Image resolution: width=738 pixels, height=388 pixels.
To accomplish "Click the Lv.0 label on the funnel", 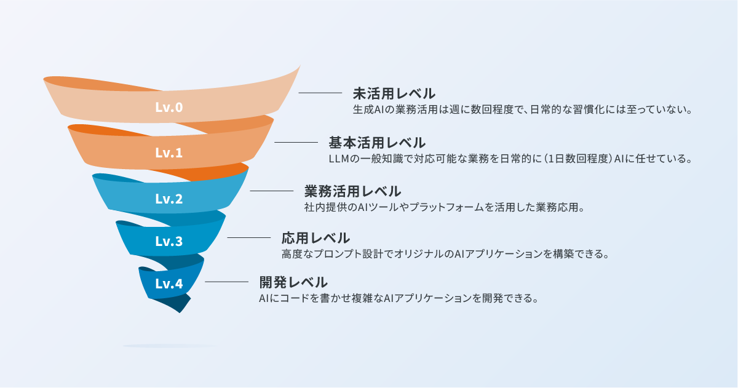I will tap(169, 107).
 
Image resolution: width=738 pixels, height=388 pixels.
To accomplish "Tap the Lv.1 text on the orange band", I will tap(169, 152).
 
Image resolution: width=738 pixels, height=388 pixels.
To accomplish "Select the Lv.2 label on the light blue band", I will tap(169, 199).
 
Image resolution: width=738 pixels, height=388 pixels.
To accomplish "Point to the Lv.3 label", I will tap(169, 241).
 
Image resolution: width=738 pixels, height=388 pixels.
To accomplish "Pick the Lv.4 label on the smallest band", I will tap(169, 283).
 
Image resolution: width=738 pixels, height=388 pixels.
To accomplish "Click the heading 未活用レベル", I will tap(394, 93).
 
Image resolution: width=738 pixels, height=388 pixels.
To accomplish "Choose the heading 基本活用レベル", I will tap(376, 143).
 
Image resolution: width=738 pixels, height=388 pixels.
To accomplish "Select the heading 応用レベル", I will tap(315, 237).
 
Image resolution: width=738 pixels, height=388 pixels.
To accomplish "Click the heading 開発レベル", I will tap(293, 282).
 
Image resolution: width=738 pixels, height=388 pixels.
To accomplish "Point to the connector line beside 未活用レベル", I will tap(320, 93).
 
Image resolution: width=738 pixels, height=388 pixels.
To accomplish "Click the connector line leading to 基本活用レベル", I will tap(296, 142).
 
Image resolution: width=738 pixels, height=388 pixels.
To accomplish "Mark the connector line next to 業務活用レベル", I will tap(271, 191).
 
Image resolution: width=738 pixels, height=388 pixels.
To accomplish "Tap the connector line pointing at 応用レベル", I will tap(249, 237).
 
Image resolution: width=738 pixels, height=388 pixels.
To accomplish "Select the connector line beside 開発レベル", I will tap(226, 282).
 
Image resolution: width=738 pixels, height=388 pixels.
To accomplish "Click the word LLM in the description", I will tap(339, 159).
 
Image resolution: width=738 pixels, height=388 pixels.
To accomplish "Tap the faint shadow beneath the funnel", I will tap(170, 346).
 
